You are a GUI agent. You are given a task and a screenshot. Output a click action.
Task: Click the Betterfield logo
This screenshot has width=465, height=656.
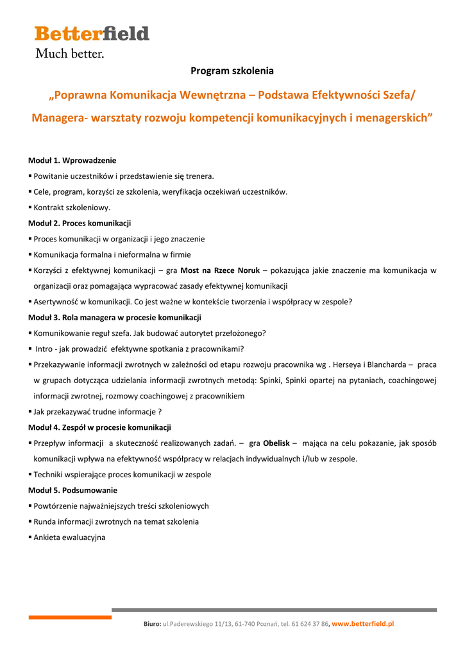tap(92, 34)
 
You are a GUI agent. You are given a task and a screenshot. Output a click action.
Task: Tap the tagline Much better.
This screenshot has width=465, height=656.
tap(69, 54)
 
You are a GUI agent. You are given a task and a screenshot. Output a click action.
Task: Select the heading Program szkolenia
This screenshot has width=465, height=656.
tap(232, 70)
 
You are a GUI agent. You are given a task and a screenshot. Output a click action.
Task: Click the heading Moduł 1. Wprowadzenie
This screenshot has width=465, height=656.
tap(72, 160)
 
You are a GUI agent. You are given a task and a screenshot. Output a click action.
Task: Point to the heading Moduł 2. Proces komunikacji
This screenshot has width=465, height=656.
tap(80, 223)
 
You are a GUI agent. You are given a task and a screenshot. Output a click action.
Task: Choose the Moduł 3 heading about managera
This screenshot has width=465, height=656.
tap(115, 317)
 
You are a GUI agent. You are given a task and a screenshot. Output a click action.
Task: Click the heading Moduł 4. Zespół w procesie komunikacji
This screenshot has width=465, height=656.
tap(99, 427)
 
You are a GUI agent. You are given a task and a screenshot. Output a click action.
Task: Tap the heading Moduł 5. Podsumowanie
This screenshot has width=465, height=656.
tap(72, 490)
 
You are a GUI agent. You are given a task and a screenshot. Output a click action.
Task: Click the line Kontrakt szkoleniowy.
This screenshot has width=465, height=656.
tap(72, 208)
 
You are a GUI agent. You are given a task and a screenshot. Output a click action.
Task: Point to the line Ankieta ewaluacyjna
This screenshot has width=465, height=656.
tap(69, 537)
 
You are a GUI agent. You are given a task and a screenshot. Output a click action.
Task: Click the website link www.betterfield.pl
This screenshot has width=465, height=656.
tap(363, 623)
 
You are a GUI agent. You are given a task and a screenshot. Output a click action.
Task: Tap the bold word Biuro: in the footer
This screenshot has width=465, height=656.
tap(152, 624)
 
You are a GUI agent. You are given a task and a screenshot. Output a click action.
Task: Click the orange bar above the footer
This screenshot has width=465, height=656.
tap(70, 617)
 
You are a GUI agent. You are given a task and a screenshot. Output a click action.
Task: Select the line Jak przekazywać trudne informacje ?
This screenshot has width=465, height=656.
tap(97, 412)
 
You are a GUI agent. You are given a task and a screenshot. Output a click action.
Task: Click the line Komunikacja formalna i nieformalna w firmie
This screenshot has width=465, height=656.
tap(112, 254)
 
